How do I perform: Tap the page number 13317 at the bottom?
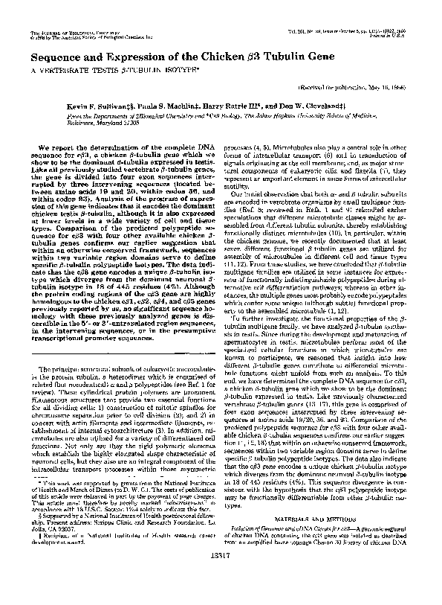(x=221, y=577)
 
